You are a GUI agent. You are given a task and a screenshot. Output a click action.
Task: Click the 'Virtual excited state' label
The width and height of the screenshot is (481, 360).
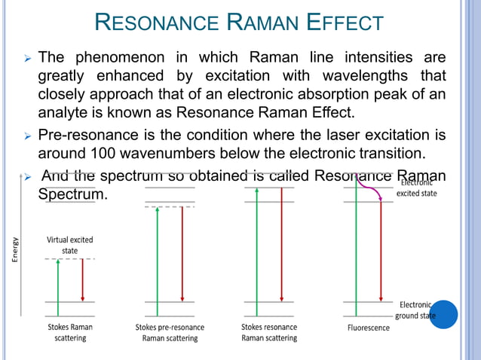(x=70, y=245)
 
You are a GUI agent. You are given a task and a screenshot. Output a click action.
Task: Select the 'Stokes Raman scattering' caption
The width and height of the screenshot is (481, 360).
(x=70, y=332)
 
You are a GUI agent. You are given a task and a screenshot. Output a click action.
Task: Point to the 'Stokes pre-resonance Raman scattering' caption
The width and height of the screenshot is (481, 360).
(x=170, y=332)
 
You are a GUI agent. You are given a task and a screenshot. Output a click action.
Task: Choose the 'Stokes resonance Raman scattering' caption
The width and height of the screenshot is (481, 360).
(x=269, y=332)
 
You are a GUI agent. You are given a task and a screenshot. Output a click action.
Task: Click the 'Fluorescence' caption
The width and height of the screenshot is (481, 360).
(x=369, y=328)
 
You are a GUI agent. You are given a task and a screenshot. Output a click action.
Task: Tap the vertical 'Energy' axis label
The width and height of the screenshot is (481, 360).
(x=14, y=249)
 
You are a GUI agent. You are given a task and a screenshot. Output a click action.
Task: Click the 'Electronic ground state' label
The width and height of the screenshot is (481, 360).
(x=416, y=310)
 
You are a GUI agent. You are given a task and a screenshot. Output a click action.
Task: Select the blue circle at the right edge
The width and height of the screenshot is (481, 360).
(x=442, y=313)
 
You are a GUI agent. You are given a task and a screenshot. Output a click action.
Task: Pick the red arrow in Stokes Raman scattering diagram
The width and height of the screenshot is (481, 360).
(x=82, y=280)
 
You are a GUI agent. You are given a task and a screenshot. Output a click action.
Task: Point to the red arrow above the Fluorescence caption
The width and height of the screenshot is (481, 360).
(x=381, y=249)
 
